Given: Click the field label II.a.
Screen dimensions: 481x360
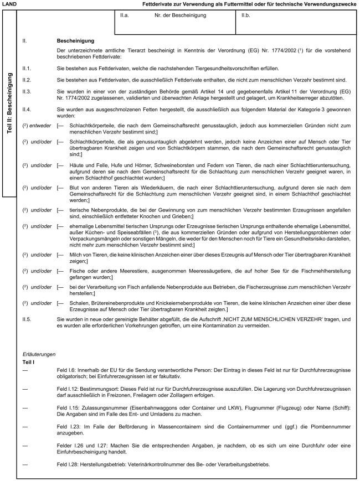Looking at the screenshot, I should (125, 15).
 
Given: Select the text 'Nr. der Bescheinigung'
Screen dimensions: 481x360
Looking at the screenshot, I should (180, 15).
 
